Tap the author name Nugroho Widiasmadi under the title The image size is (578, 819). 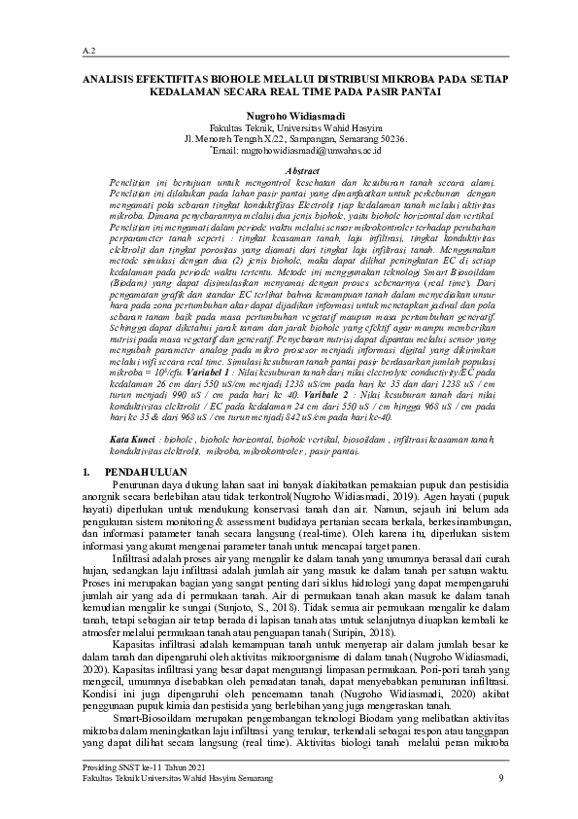pyautogui.click(x=289, y=115)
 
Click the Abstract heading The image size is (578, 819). pyautogui.click(x=289, y=170)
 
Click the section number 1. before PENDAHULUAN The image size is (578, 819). pyautogui.click(x=87, y=471)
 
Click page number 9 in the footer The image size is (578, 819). pyautogui.click(x=499, y=778)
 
